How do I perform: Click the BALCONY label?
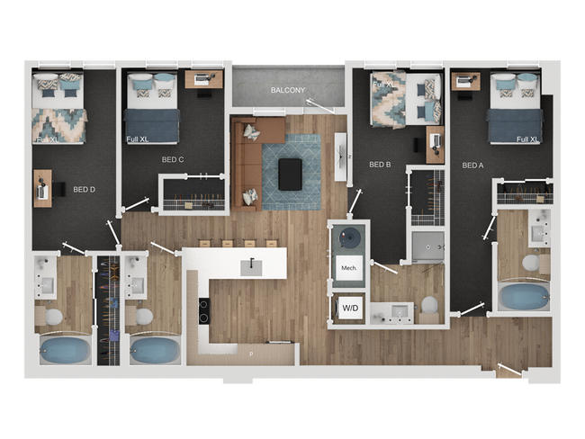pyautogui.click(x=289, y=91)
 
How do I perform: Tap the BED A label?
pyautogui.click(x=474, y=166)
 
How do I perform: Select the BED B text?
pyautogui.click(x=380, y=165)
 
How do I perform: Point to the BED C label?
pyautogui.click(x=173, y=159)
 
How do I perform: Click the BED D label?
pyautogui.click(x=84, y=190)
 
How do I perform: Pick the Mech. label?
pyautogui.click(x=349, y=268)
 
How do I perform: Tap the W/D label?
pyautogui.click(x=348, y=309)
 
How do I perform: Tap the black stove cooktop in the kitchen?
pyautogui.click(x=204, y=310)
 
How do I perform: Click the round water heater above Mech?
pyautogui.click(x=349, y=238)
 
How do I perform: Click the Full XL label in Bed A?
pyautogui.click(x=527, y=139)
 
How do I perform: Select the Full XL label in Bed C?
pyautogui.click(x=138, y=139)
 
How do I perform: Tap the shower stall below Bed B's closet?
pyautogui.click(x=427, y=246)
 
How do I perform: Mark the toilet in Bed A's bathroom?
pyautogui.click(x=531, y=264)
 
